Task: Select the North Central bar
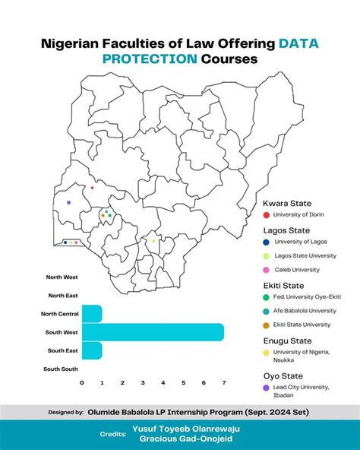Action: pyautogui.click(x=91, y=313)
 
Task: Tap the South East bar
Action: pyautogui.click(x=91, y=350)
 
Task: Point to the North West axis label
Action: pyautogui.click(x=62, y=277)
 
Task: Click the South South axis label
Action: pyautogui.click(x=61, y=369)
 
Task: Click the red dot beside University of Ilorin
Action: pyautogui.click(x=267, y=214)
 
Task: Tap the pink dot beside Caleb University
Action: pyautogui.click(x=267, y=270)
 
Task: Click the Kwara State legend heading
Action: pyautogui.click(x=286, y=204)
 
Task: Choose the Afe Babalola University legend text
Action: pyautogui.click(x=305, y=310)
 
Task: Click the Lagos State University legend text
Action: pyautogui.click(x=305, y=255)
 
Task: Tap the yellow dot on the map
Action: pyautogui.click(x=153, y=241)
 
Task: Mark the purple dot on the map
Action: pyautogui.click(x=68, y=202)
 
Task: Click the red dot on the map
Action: pyautogui.click(x=92, y=188)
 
